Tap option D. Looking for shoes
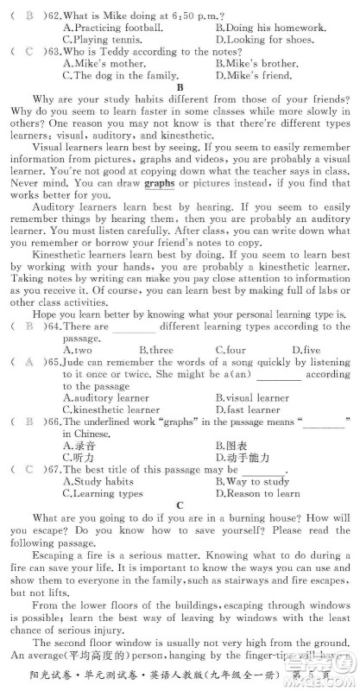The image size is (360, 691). tap(264, 39)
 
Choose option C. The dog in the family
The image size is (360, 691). tap(126, 75)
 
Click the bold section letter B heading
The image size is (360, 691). tap(180, 87)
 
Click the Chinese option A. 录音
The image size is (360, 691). tap(79, 445)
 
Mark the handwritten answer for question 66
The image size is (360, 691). tap(28, 422)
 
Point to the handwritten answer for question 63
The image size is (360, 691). tap(28, 51)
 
